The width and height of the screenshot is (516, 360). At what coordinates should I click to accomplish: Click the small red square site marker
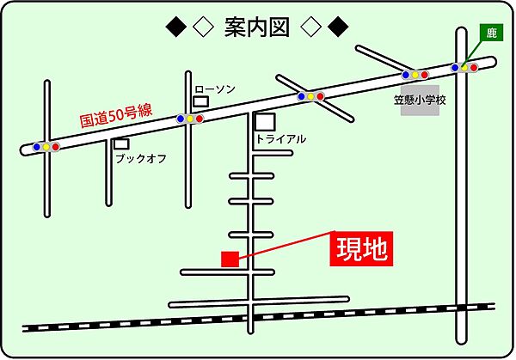pos(230,259)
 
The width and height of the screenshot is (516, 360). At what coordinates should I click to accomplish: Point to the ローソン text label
pos(215,88)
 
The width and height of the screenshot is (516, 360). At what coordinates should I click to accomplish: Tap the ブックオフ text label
pos(141,159)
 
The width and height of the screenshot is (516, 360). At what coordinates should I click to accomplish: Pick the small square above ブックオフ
pos(121,144)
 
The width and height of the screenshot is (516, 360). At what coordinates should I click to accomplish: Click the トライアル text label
pos(280,138)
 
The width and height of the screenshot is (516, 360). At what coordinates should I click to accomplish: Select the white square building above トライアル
pos(266,122)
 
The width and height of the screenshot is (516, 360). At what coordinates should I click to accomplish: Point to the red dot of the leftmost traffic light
pos(56,148)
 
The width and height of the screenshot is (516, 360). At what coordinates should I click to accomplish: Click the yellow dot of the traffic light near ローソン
pos(190,119)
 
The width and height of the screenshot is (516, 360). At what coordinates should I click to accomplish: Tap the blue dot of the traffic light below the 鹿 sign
pos(455,67)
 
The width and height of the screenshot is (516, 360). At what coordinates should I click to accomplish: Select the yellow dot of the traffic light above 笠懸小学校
pos(415,75)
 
